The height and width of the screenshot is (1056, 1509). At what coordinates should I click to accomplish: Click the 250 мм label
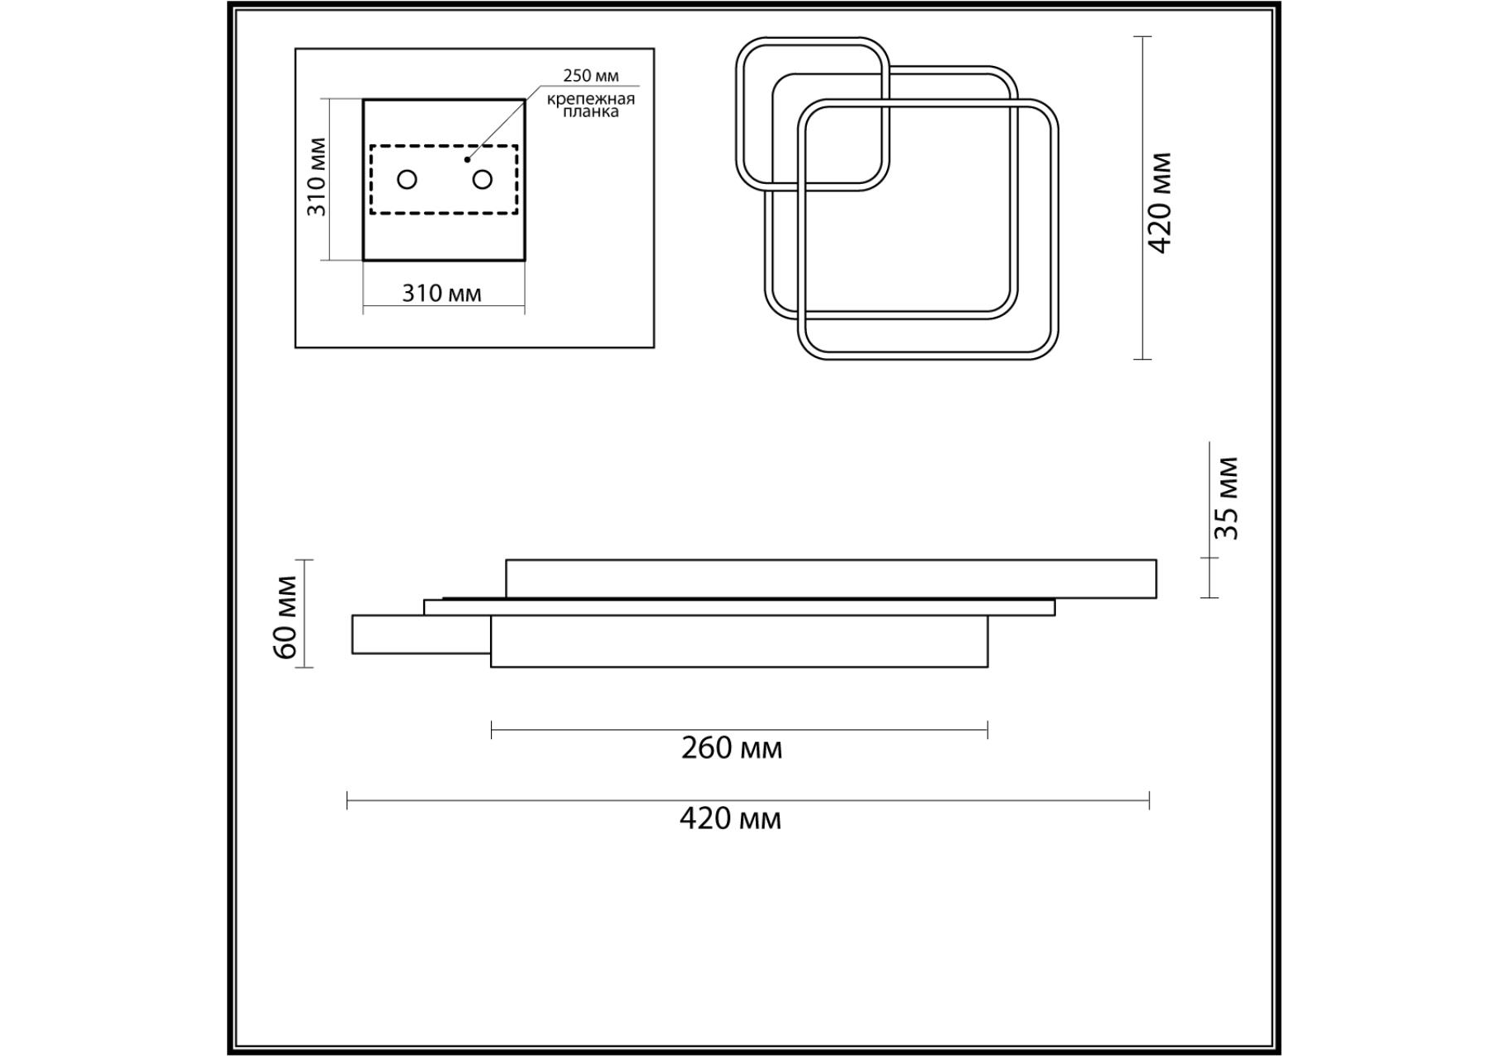pyautogui.click(x=590, y=76)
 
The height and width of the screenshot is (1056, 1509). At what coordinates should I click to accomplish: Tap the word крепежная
pyautogui.click(x=591, y=99)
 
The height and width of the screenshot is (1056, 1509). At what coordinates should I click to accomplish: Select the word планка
pyautogui.click(x=591, y=111)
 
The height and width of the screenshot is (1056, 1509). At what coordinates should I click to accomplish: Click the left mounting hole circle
pyautogui.click(x=407, y=179)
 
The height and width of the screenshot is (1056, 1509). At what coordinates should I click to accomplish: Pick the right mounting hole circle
pyautogui.click(x=483, y=179)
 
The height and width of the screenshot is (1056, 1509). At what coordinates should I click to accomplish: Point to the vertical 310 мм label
pyautogui.click(x=317, y=177)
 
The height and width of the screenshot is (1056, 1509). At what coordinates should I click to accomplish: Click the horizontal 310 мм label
pyautogui.click(x=441, y=293)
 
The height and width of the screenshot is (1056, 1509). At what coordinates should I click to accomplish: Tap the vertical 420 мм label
pyautogui.click(x=1160, y=203)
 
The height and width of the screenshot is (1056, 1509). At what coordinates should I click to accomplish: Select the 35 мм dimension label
pyautogui.click(x=1228, y=498)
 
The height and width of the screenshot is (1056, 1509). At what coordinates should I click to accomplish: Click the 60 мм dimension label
pyautogui.click(x=285, y=618)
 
